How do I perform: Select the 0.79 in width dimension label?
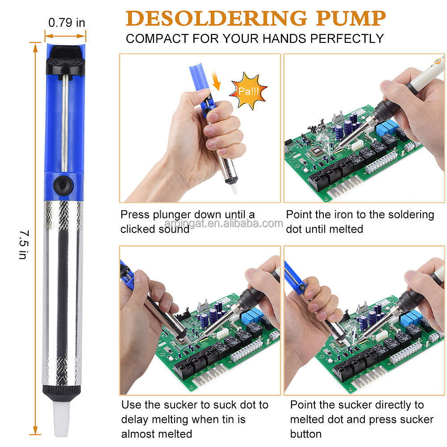67,23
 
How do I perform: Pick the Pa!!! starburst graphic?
248,91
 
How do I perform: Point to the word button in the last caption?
306,434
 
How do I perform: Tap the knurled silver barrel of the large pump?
62,290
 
